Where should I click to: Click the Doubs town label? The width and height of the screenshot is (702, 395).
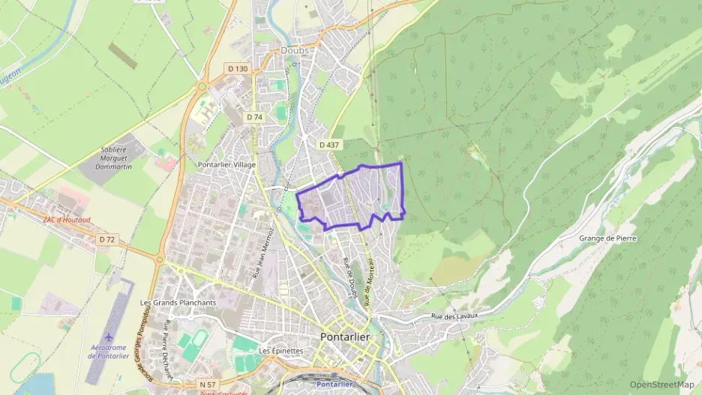pos(295,50)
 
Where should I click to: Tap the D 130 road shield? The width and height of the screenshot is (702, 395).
pos(237,69)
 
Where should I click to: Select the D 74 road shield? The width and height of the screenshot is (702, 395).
pos(254,117)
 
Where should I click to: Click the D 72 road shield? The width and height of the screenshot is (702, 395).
pos(107,239)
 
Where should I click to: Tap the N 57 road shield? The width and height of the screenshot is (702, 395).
pos(208,385)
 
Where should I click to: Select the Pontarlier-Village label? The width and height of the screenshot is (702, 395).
pos(226,164)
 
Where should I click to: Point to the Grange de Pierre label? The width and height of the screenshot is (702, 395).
pos(608,238)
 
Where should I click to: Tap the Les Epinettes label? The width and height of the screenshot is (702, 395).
pos(280,350)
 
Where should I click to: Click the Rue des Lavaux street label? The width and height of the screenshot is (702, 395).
pos(454,316)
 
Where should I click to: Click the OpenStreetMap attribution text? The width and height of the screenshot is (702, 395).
pos(661,385)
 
